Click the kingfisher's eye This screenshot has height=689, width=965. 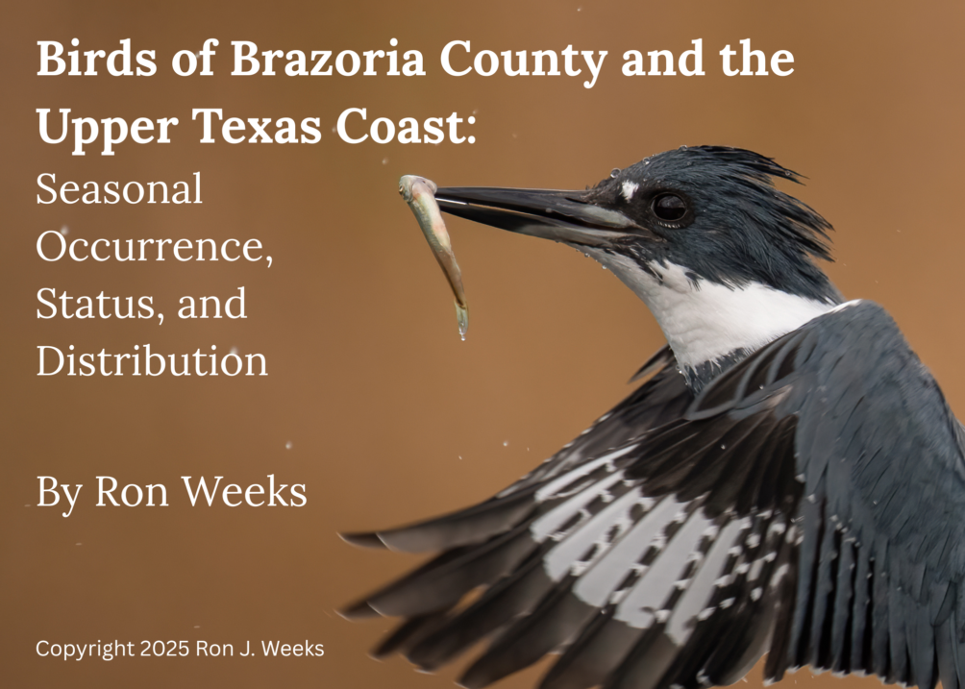(x=670, y=208)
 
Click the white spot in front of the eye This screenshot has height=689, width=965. (x=629, y=189)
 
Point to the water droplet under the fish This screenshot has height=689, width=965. (x=462, y=332)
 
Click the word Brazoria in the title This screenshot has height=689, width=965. (x=328, y=59)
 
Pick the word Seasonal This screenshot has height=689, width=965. (x=119, y=188)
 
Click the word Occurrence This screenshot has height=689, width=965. (x=155, y=247)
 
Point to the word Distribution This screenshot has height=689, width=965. (x=152, y=360)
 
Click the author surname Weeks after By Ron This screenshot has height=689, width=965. (x=244, y=492)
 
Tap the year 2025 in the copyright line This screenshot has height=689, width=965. (x=165, y=649)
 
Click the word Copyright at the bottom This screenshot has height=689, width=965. (x=85, y=650)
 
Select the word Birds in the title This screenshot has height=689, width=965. (x=97, y=59)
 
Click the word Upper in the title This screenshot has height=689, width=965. (x=107, y=129)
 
